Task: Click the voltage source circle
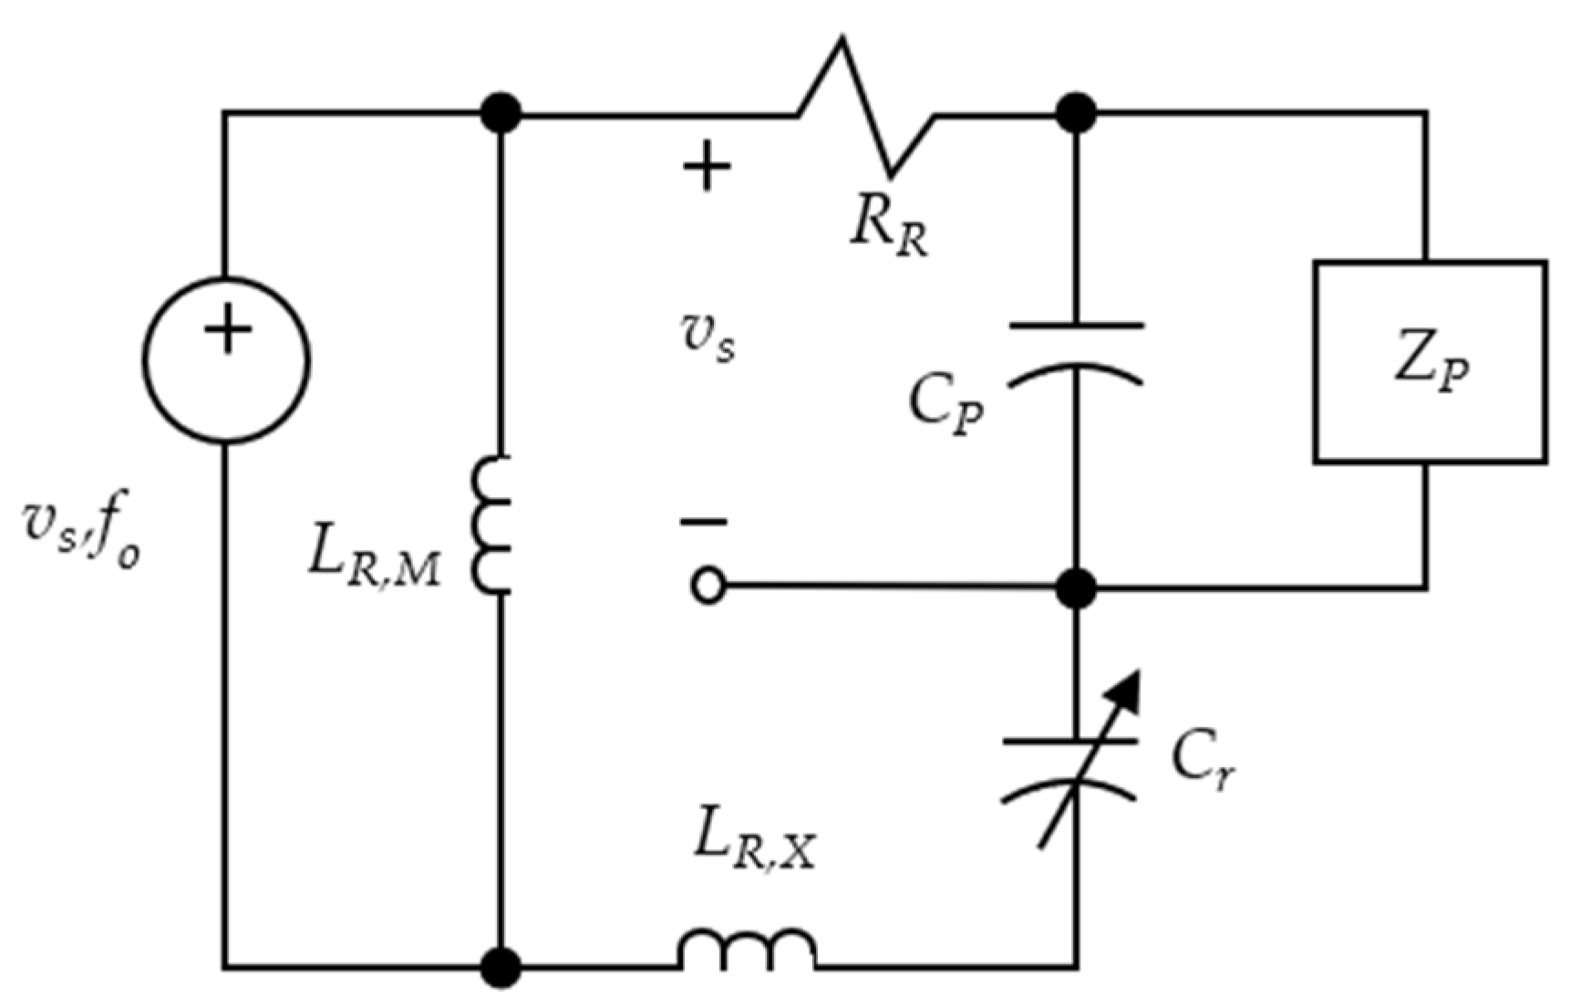click(x=227, y=360)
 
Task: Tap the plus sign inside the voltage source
click(x=227, y=329)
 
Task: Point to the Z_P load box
click(x=1430, y=362)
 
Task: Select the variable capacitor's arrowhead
click(x=1128, y=689)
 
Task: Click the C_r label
click(x=1203, y=759)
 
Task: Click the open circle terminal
click(x=708, y=587)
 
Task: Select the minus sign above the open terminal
click(x=704, y=523)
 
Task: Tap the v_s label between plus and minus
click(x=708, y=340)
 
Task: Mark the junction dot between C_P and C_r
click(x=1077, y=587)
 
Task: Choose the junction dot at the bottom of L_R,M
click(x=501, y=966)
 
